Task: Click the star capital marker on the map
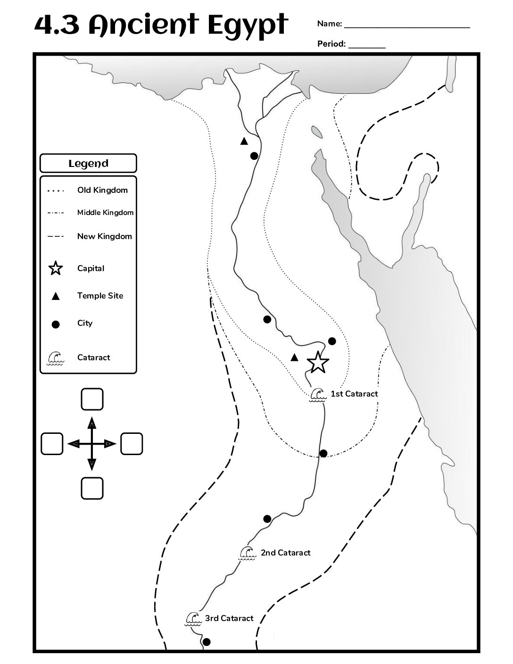(318, 362)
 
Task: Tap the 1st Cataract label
(354, 394)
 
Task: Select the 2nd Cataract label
(285, 553)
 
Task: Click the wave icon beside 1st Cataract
(317, 395)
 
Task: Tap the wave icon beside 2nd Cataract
(247, 554)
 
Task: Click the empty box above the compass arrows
(92, 399)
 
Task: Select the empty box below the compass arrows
(92, 488)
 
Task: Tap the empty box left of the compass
(52, 444)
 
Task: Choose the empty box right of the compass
(132, 444)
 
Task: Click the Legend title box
(88, 163)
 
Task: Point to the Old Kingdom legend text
(102, 191)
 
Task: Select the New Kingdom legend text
(105, 237)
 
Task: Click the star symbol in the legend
(56, 268)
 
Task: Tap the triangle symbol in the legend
(56, 296)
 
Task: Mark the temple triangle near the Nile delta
(244, 141)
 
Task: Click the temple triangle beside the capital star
(294, 357)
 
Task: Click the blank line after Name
(407, 28)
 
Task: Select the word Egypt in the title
(248, 26)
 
